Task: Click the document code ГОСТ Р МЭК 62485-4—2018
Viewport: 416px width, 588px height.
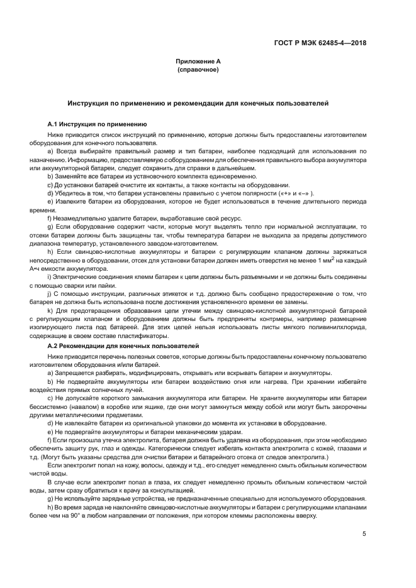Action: click(x=329, y=43)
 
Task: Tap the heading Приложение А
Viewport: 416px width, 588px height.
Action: click(x=198, y=61)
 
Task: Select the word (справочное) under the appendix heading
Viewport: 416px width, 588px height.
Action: click(x=198, y=69)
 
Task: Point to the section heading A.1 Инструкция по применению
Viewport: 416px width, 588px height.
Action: click(x=98, y=124)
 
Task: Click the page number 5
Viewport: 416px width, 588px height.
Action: click(x=364, y=534)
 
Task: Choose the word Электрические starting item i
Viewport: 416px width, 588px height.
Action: click(x=79, y=276)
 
